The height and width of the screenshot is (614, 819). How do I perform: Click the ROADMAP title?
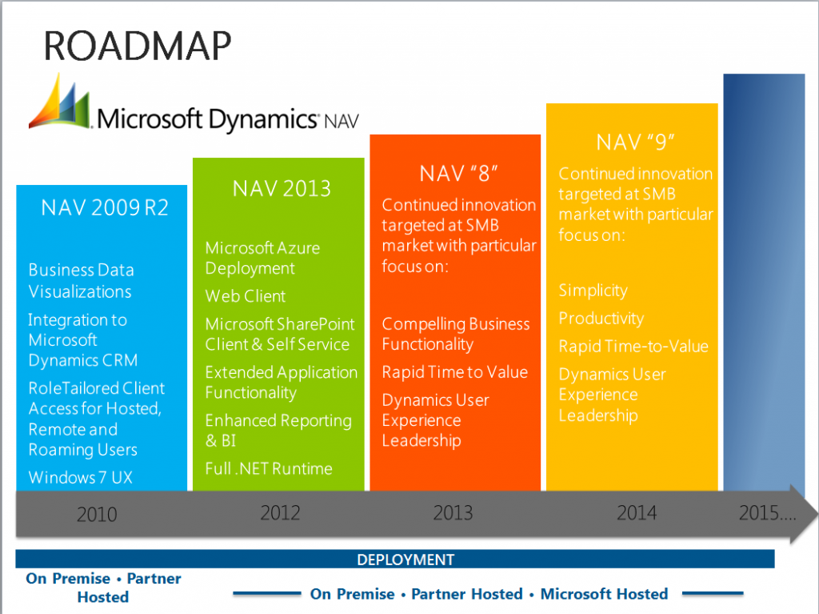[x=138, y=46]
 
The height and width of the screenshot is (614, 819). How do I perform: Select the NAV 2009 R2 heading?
[x=105, y=208]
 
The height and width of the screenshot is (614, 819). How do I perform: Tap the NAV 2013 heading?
[x=282, y=189]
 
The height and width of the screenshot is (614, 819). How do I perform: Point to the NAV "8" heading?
[x=458, y=174]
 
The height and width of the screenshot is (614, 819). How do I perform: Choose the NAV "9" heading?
[x=635, y=142]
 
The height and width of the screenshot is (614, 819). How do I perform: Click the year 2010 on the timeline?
[x=97, y=515]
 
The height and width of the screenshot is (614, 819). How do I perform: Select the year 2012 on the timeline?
[x=280, y=513]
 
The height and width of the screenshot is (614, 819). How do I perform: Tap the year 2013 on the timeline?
[x=453, y=513]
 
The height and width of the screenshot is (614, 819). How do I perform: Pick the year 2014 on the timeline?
[x=637, y=513]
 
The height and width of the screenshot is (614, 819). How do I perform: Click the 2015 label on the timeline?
[x=767, y=513]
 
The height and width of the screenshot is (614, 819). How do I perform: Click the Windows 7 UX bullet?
[x=81, y=477]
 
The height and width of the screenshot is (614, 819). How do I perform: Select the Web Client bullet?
[x=246, y=296]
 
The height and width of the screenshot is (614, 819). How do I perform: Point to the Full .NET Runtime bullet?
[x=269, y=468]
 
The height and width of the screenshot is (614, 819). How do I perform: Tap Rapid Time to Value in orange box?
[x=455, y=372]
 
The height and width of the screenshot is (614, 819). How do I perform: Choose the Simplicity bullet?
[x=593, y=291]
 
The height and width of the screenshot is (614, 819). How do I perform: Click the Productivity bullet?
[x=601, y=319]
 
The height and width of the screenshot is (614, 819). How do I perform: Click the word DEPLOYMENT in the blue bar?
[x=406, y=560]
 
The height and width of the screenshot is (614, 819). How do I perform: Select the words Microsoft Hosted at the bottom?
[x=605, y=594]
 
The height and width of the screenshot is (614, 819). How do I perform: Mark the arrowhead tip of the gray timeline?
[x=817, y=514]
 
